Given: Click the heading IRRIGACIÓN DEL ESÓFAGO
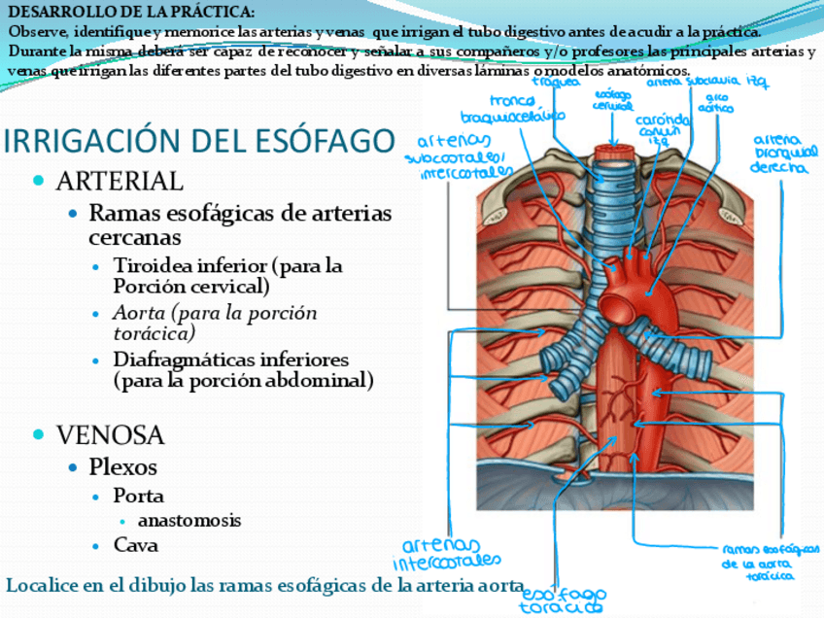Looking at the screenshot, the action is click(199, 142).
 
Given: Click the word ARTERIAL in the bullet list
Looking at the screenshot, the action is click(120, 181).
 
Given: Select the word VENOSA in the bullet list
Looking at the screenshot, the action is click(110, 433).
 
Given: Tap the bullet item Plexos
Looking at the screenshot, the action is click(122, 466).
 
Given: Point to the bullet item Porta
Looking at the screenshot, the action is click(138, 496).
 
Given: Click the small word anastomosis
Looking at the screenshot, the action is click(189, 520).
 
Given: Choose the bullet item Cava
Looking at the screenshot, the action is click(135, 545).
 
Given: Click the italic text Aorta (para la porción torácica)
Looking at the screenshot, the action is click(214, 324).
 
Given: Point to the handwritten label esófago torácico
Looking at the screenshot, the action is click(563, 601).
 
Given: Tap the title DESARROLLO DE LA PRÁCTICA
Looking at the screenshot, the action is click(131, 12).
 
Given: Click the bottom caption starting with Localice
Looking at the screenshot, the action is click(262, 585).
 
